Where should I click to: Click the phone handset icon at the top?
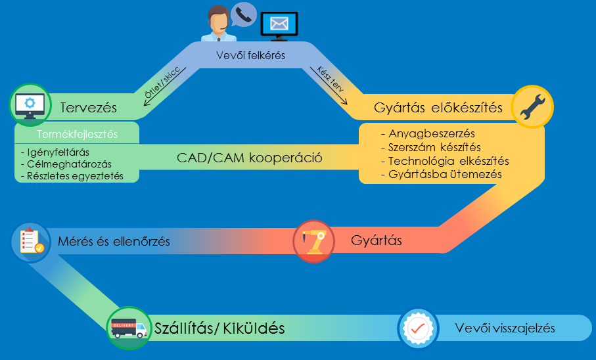pyautogui.click(x=244, y=14)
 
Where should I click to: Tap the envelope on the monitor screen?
pyautogui.click(x=279, y=24)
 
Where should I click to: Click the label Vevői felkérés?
pyautogui.click(x=250, y=56)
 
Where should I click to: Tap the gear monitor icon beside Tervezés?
pyautogui.click(x=29, y=104)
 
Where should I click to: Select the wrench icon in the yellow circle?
pyautogui.click(x=532, y=106)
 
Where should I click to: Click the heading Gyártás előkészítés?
pyautogui.click(x=438, y=108)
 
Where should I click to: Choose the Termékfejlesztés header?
pyautogui.click(x=77, y=135)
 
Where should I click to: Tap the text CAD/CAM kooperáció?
pyautogui.click(x=250, y=158)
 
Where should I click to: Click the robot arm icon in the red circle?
pyautogui.click(x=313, y=239)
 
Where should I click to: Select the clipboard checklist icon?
pyautogui.click(x=30, y=241)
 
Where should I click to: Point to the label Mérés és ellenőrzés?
pyautogui.click(x=114, y=242)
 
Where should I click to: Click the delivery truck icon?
pyautogui.click(x=127, y=328)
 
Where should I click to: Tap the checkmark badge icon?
pyautogui.click(x=418, y=327)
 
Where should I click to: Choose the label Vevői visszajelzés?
pyautogui.click(x=505, y=328)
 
